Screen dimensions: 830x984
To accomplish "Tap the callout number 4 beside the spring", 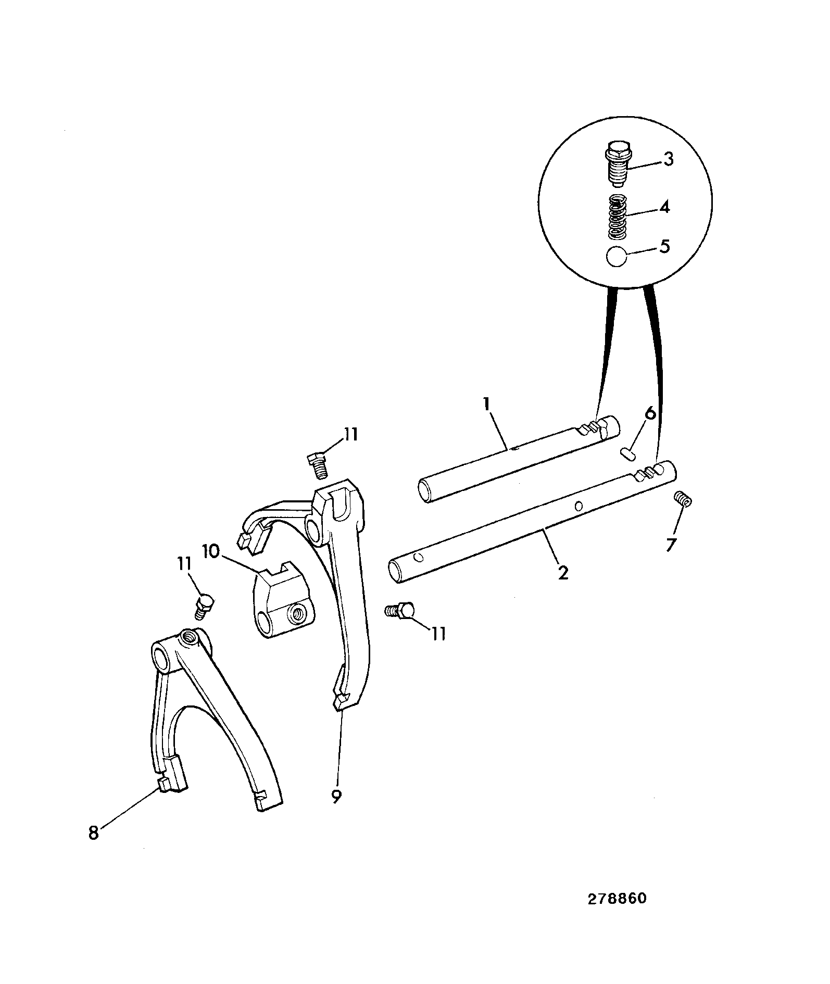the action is pos(664,208).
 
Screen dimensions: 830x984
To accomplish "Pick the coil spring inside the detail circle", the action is pos(618,215).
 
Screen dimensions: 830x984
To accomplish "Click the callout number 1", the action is pos(487,405).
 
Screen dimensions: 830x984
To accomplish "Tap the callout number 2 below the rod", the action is pos(563,573).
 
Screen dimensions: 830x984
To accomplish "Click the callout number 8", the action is pos(93,833).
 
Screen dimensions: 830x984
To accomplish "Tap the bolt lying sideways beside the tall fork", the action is pos(400,610).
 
